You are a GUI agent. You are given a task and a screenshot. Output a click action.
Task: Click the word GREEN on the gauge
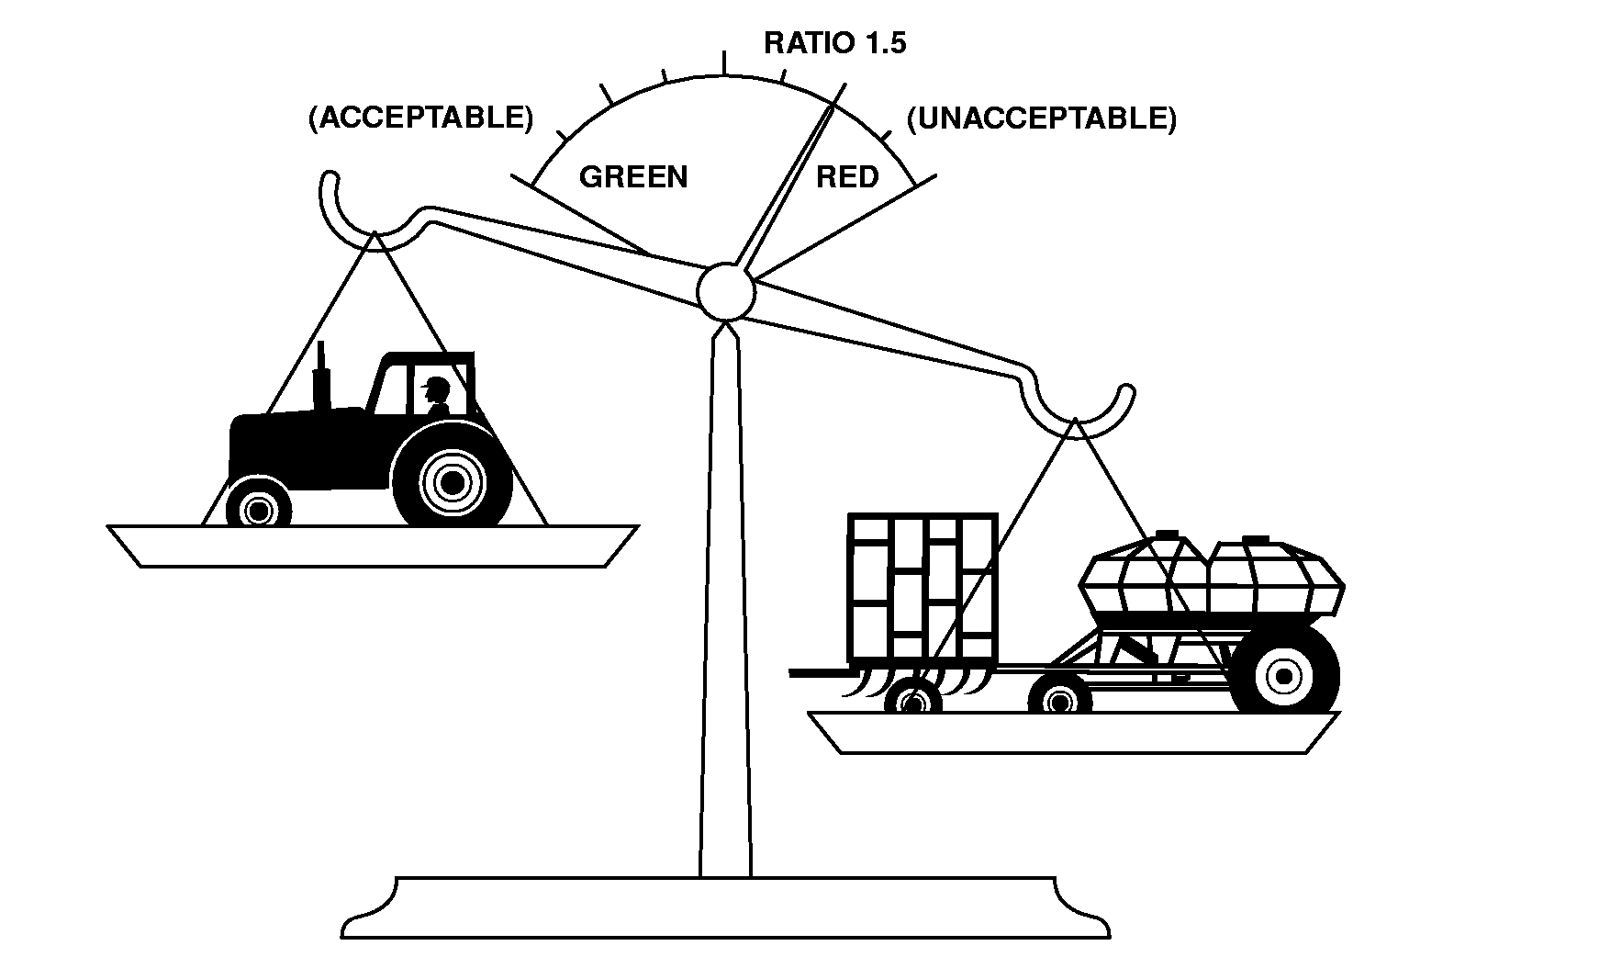click(x=632, y=176)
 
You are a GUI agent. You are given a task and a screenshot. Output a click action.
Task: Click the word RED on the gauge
click(x=847, y=176)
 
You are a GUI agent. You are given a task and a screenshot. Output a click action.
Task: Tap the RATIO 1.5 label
click(x=834, y=43)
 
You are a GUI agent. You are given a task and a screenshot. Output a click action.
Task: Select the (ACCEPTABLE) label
click(x=420, y=118)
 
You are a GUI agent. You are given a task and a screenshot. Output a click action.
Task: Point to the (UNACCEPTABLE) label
click(x=1041, y=118)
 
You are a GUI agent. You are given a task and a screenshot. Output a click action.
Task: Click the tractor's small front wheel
click(x=258, y=507)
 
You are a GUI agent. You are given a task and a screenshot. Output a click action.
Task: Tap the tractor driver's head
click(x=438, y=388)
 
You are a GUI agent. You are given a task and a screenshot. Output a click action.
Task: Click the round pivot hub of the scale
click(x=725, y=291)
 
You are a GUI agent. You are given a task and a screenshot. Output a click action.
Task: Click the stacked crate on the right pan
click(x=923, y=588)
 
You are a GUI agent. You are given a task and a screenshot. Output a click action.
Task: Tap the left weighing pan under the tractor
click(x=372, y=546)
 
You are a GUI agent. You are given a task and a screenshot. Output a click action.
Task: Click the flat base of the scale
click(x=725, y=908)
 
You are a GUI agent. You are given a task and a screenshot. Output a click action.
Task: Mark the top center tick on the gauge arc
click(x=724, y=62)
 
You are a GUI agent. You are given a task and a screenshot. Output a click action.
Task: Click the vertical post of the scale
click(x=725, y=597)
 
